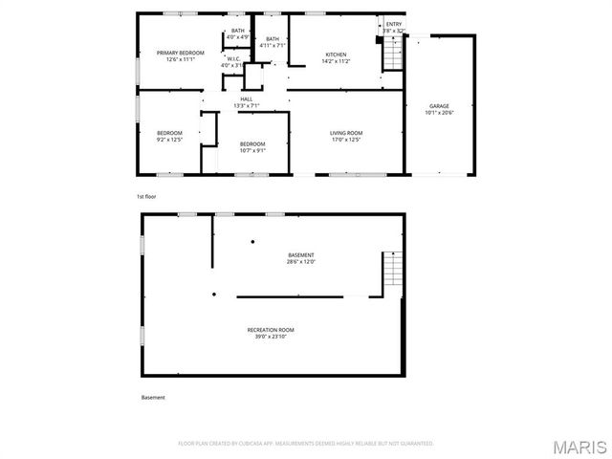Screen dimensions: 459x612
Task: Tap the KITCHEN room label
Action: pyautogui.click(x=335, y=54)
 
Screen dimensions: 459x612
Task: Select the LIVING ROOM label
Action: pyautogui.click(x=346, y=133)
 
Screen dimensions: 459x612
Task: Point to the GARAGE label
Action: pyautogui.click(x=439, y=106)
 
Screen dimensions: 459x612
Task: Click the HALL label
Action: pyautogui.click(x=246, y=98)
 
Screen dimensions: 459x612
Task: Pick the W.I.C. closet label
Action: pyautogui.click(x=232, y=58)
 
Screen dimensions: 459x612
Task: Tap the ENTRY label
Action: pyautogui.click(x=394, y=24)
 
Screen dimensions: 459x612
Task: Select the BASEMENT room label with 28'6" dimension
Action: pyautogui.click(x=300, y=255)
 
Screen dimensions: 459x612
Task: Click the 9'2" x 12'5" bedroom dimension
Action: pyautogui.click(x=169, y=140)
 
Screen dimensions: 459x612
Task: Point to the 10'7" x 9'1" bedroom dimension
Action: pyautogui.click(x=252, y=150)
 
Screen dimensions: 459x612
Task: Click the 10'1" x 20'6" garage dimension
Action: pyautogui.click(x=439, y=113)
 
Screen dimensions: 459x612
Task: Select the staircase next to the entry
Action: pyautogui.click(x=392, y=55)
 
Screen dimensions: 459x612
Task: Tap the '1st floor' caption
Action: pyautogui.click(x=145, y=196)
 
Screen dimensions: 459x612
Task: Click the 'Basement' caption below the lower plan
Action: pyautogui.click(x=153, y=398)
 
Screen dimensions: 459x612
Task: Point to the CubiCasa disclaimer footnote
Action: pyautogui.click(x=306, y=444)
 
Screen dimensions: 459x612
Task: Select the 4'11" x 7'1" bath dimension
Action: pyautogui.click(x=273, y=45)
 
